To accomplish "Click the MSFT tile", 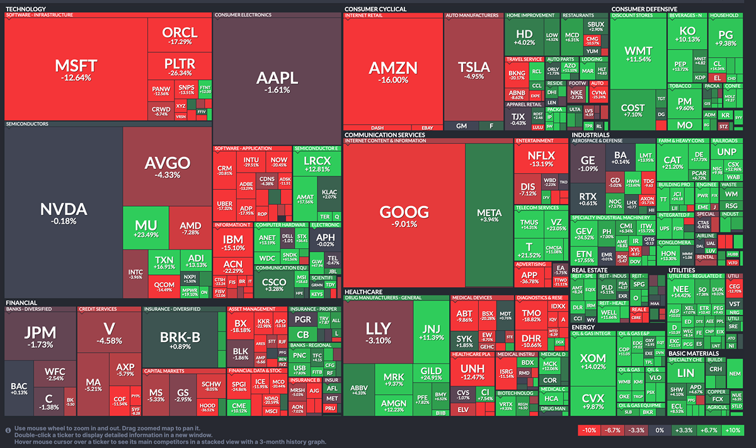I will pos(76,69).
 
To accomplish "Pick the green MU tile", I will pos(146,230).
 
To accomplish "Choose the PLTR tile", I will pos(180,66).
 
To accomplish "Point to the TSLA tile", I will pos(473,69).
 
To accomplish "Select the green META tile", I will pos(489,214).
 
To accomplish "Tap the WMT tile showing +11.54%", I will pos(638,54).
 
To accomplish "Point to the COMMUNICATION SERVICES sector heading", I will pos(385,134).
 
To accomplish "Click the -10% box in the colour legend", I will pos(589,430).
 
